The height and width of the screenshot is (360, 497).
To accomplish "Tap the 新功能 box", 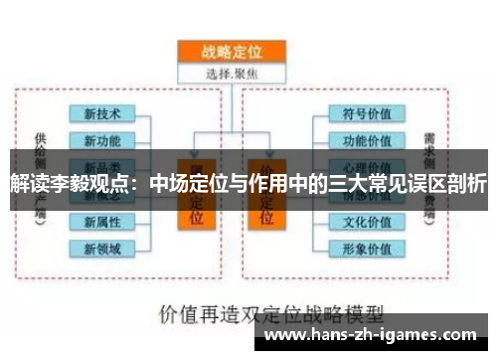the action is point(103,139).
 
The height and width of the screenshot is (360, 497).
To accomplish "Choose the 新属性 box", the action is point(103,221).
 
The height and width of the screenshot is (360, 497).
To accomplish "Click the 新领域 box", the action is point(103,247).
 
